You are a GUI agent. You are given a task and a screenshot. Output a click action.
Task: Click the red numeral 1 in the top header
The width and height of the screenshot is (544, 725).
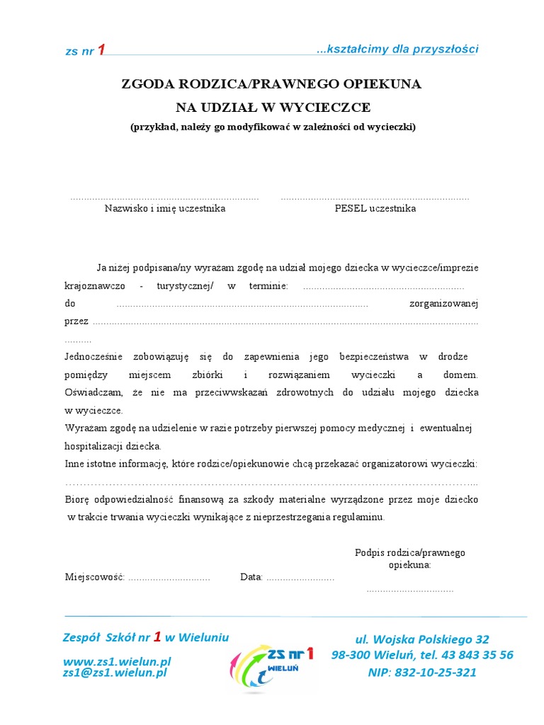[x=101, y=50]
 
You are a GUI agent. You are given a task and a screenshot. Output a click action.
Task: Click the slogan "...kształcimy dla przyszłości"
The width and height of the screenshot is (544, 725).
[x=397, y=49]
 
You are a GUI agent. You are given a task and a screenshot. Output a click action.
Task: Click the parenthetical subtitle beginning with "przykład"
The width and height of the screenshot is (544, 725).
[x=273, y=127]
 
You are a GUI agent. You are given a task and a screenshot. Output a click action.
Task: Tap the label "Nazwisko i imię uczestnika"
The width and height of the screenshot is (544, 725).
[x=165, y=209]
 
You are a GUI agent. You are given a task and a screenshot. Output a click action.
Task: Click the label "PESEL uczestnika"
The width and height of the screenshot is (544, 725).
[x=375, y=209]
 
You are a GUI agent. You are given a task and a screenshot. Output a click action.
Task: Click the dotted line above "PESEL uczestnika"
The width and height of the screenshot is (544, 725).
[x=375, y=198]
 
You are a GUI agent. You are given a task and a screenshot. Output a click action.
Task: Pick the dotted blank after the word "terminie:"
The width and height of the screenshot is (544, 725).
[x=383, y=287]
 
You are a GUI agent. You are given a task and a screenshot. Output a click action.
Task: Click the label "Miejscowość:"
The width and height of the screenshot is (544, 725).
[x=95, y=577]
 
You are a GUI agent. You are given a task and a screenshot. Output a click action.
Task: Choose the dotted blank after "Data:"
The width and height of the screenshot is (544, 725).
[x=300, y=578]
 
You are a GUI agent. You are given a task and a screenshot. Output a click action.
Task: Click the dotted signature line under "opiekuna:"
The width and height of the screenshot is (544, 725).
[x=410, y=589]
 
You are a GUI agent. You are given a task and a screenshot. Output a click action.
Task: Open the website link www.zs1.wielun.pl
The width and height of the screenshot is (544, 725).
[x=117, y=661]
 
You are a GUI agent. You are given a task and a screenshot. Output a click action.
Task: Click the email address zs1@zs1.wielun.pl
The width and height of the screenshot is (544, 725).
[x=115, y=673]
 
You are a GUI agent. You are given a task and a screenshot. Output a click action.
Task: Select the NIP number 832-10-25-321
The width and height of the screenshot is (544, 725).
[x=422, y=672]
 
